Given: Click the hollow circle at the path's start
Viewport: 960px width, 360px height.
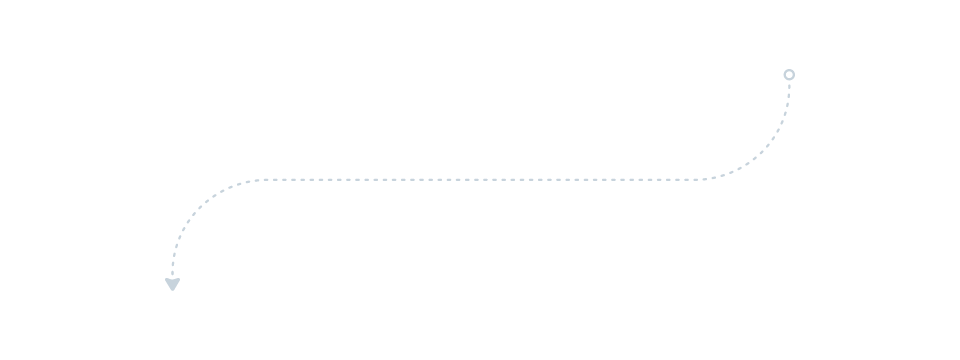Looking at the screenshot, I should [x=789, y=75].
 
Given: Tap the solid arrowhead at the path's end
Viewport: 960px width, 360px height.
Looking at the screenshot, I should [x=172, y=285].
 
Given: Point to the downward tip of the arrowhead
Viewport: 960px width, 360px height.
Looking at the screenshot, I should [x=172, y=291].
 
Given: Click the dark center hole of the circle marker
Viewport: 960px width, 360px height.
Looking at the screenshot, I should [x=789, y=75].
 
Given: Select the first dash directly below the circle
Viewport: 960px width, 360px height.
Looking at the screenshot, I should [x=789, y=86].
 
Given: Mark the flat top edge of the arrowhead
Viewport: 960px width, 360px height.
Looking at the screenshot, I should [x=172, y=280].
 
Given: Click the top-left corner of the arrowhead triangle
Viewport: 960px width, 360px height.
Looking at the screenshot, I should [x=165, y=280].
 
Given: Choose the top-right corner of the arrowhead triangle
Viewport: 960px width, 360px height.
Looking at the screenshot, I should [x=179, y=280].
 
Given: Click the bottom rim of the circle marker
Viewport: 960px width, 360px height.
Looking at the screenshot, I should [x=789, y=80].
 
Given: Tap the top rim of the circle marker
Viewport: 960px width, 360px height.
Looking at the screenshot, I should [x=789, y=69].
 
